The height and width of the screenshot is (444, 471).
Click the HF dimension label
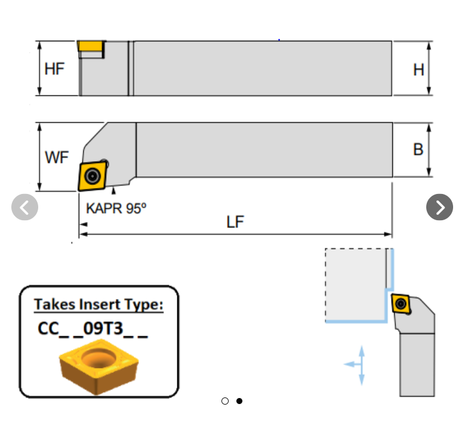point(54,69)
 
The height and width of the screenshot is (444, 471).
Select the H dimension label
point(418,70)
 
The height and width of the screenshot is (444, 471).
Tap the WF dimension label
point(57,158)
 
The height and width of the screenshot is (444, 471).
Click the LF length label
point(235,222)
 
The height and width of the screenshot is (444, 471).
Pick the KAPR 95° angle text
point(116,208)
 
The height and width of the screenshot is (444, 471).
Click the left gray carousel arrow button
point(24,207)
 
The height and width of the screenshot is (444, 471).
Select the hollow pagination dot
point(225,401)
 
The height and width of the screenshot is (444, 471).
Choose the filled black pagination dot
point(239,401)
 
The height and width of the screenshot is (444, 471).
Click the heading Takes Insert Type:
point(98,304)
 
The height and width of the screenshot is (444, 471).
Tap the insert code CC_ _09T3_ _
point(93,329)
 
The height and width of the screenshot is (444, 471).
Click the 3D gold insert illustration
point(98,365)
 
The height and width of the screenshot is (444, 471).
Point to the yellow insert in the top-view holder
point(92,175)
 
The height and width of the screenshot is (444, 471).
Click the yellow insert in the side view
point(91,47)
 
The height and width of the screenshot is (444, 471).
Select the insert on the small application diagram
point(402,304)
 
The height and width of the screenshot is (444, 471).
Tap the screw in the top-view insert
point(92,175)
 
